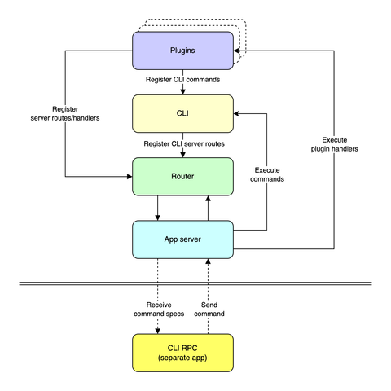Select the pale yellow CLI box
182,114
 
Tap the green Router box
182,175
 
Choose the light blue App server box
182,239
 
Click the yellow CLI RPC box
182,354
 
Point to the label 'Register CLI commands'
182,81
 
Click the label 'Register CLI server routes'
182,143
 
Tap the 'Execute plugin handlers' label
334,144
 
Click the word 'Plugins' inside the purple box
182,51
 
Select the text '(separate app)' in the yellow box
182,359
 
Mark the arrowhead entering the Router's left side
128,175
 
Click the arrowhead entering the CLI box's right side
238,114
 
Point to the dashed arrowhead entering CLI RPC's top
156,330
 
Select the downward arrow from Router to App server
156,208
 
